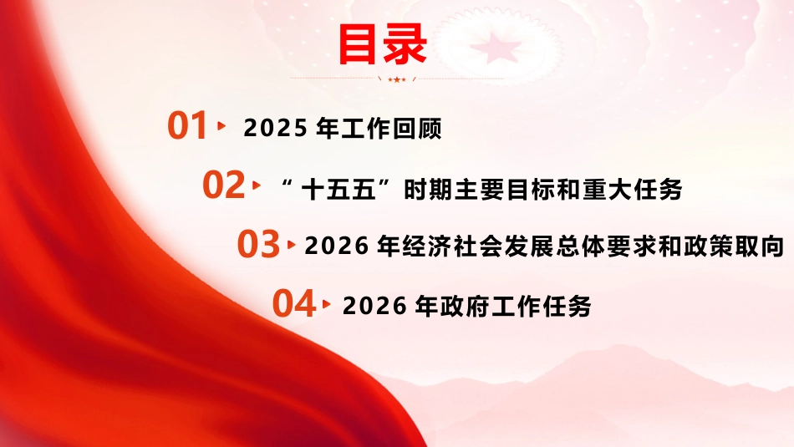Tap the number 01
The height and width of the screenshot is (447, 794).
pos(187,126)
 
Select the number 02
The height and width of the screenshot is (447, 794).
pos(223,185)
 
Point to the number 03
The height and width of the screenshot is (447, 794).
pos(258,244)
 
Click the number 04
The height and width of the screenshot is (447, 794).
pos(294,304)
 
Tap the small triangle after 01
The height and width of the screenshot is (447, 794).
pos(221,126)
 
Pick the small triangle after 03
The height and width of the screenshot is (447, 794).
pos(291,245)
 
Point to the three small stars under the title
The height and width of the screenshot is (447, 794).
pos(396,79)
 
